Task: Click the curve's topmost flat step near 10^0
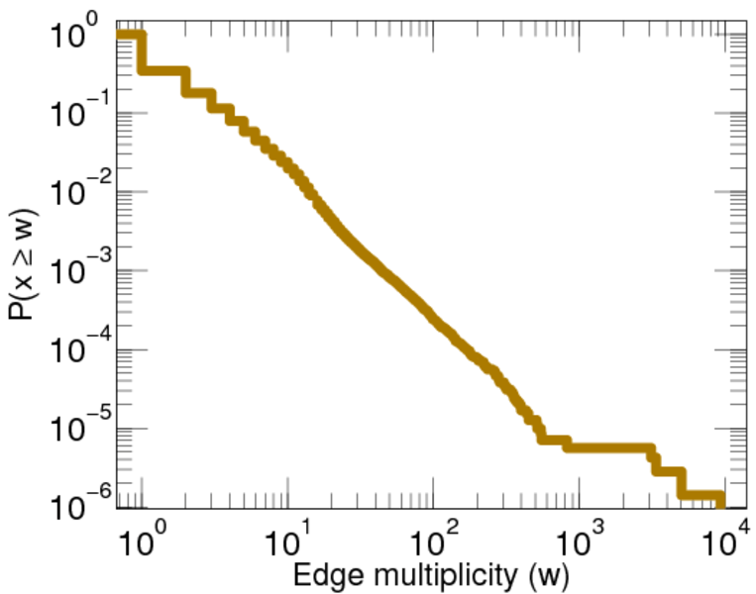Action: [x=129, y=37]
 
